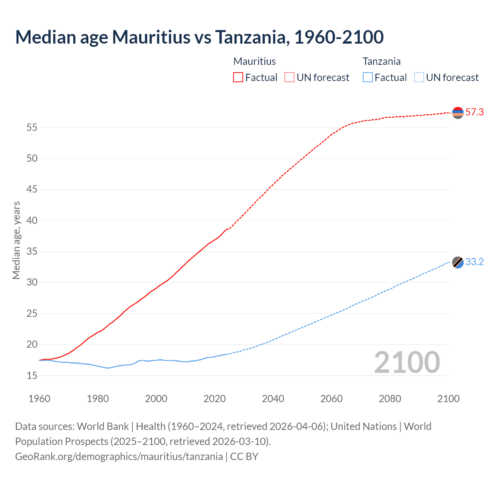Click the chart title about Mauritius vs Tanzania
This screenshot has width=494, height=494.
click(200, 37)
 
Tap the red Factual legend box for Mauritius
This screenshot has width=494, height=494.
click(238, 78)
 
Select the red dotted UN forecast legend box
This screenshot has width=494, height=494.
click(289, 78)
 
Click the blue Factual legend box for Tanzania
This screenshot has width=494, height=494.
click(367, 78)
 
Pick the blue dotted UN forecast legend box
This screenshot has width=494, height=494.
click(419, 78)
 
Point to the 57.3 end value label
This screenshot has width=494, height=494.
click(474, 112)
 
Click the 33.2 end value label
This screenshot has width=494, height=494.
click(474, 262)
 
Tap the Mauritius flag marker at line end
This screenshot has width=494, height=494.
click(458, 113)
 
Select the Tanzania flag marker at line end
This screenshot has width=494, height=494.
click(458, 262)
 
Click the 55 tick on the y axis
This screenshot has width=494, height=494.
click(32, 127)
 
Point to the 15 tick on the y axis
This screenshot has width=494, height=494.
click(32, 376)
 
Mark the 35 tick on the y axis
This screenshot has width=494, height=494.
click(32, 252)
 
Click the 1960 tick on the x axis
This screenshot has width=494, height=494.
click(39, 399)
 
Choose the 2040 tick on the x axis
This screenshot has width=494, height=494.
click(273, 399)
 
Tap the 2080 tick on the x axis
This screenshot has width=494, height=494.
click(390, 399)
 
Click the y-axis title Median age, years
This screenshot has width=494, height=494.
click(16, 240)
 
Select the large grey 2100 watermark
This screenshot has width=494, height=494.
click(407, 362)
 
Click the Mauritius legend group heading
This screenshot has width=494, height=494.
click(255, 61)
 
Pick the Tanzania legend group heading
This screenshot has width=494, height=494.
click(382, 61)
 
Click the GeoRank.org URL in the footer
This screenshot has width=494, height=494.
click(119, 457)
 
